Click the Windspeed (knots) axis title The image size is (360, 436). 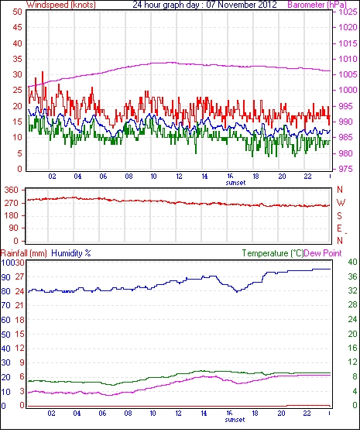tap(61, 5)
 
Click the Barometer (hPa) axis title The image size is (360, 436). tap(317, 5)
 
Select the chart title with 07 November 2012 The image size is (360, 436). tap(204, 5)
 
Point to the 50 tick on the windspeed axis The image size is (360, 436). tap(17, 12)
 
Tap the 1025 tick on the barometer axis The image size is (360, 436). tap(348, 12)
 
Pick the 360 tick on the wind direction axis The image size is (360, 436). tap(12, 191)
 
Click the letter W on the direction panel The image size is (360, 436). tap(341, 203)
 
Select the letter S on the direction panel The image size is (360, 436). tap(339, 215)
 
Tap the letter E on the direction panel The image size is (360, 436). tap(339, 228)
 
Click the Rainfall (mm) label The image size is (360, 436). tap(24, 253)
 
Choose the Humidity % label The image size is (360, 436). tap(71, 253)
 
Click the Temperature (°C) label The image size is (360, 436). tap(273, 253)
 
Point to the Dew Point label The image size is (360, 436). tap(323, 253)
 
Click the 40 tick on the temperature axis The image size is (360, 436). tap(353, 262)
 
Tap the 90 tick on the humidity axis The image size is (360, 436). tap(6, 277)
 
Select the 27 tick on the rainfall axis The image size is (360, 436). tap(19, 277)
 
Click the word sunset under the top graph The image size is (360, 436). tap(235, 183)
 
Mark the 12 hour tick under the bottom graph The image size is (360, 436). tap(179, 414)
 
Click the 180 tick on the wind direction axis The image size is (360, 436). tap(12, 215)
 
